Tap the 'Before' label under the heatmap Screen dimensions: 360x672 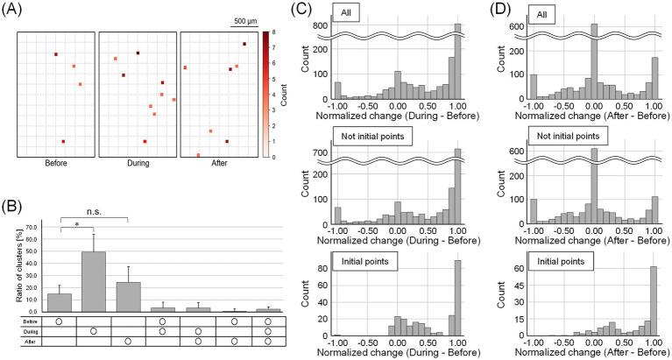(54, 163)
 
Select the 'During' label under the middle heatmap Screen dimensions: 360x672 (136, 163)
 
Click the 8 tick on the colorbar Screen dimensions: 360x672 (275, 32)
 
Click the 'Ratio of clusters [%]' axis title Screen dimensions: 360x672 (10, 267)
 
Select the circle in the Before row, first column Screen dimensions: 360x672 (60, 321)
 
